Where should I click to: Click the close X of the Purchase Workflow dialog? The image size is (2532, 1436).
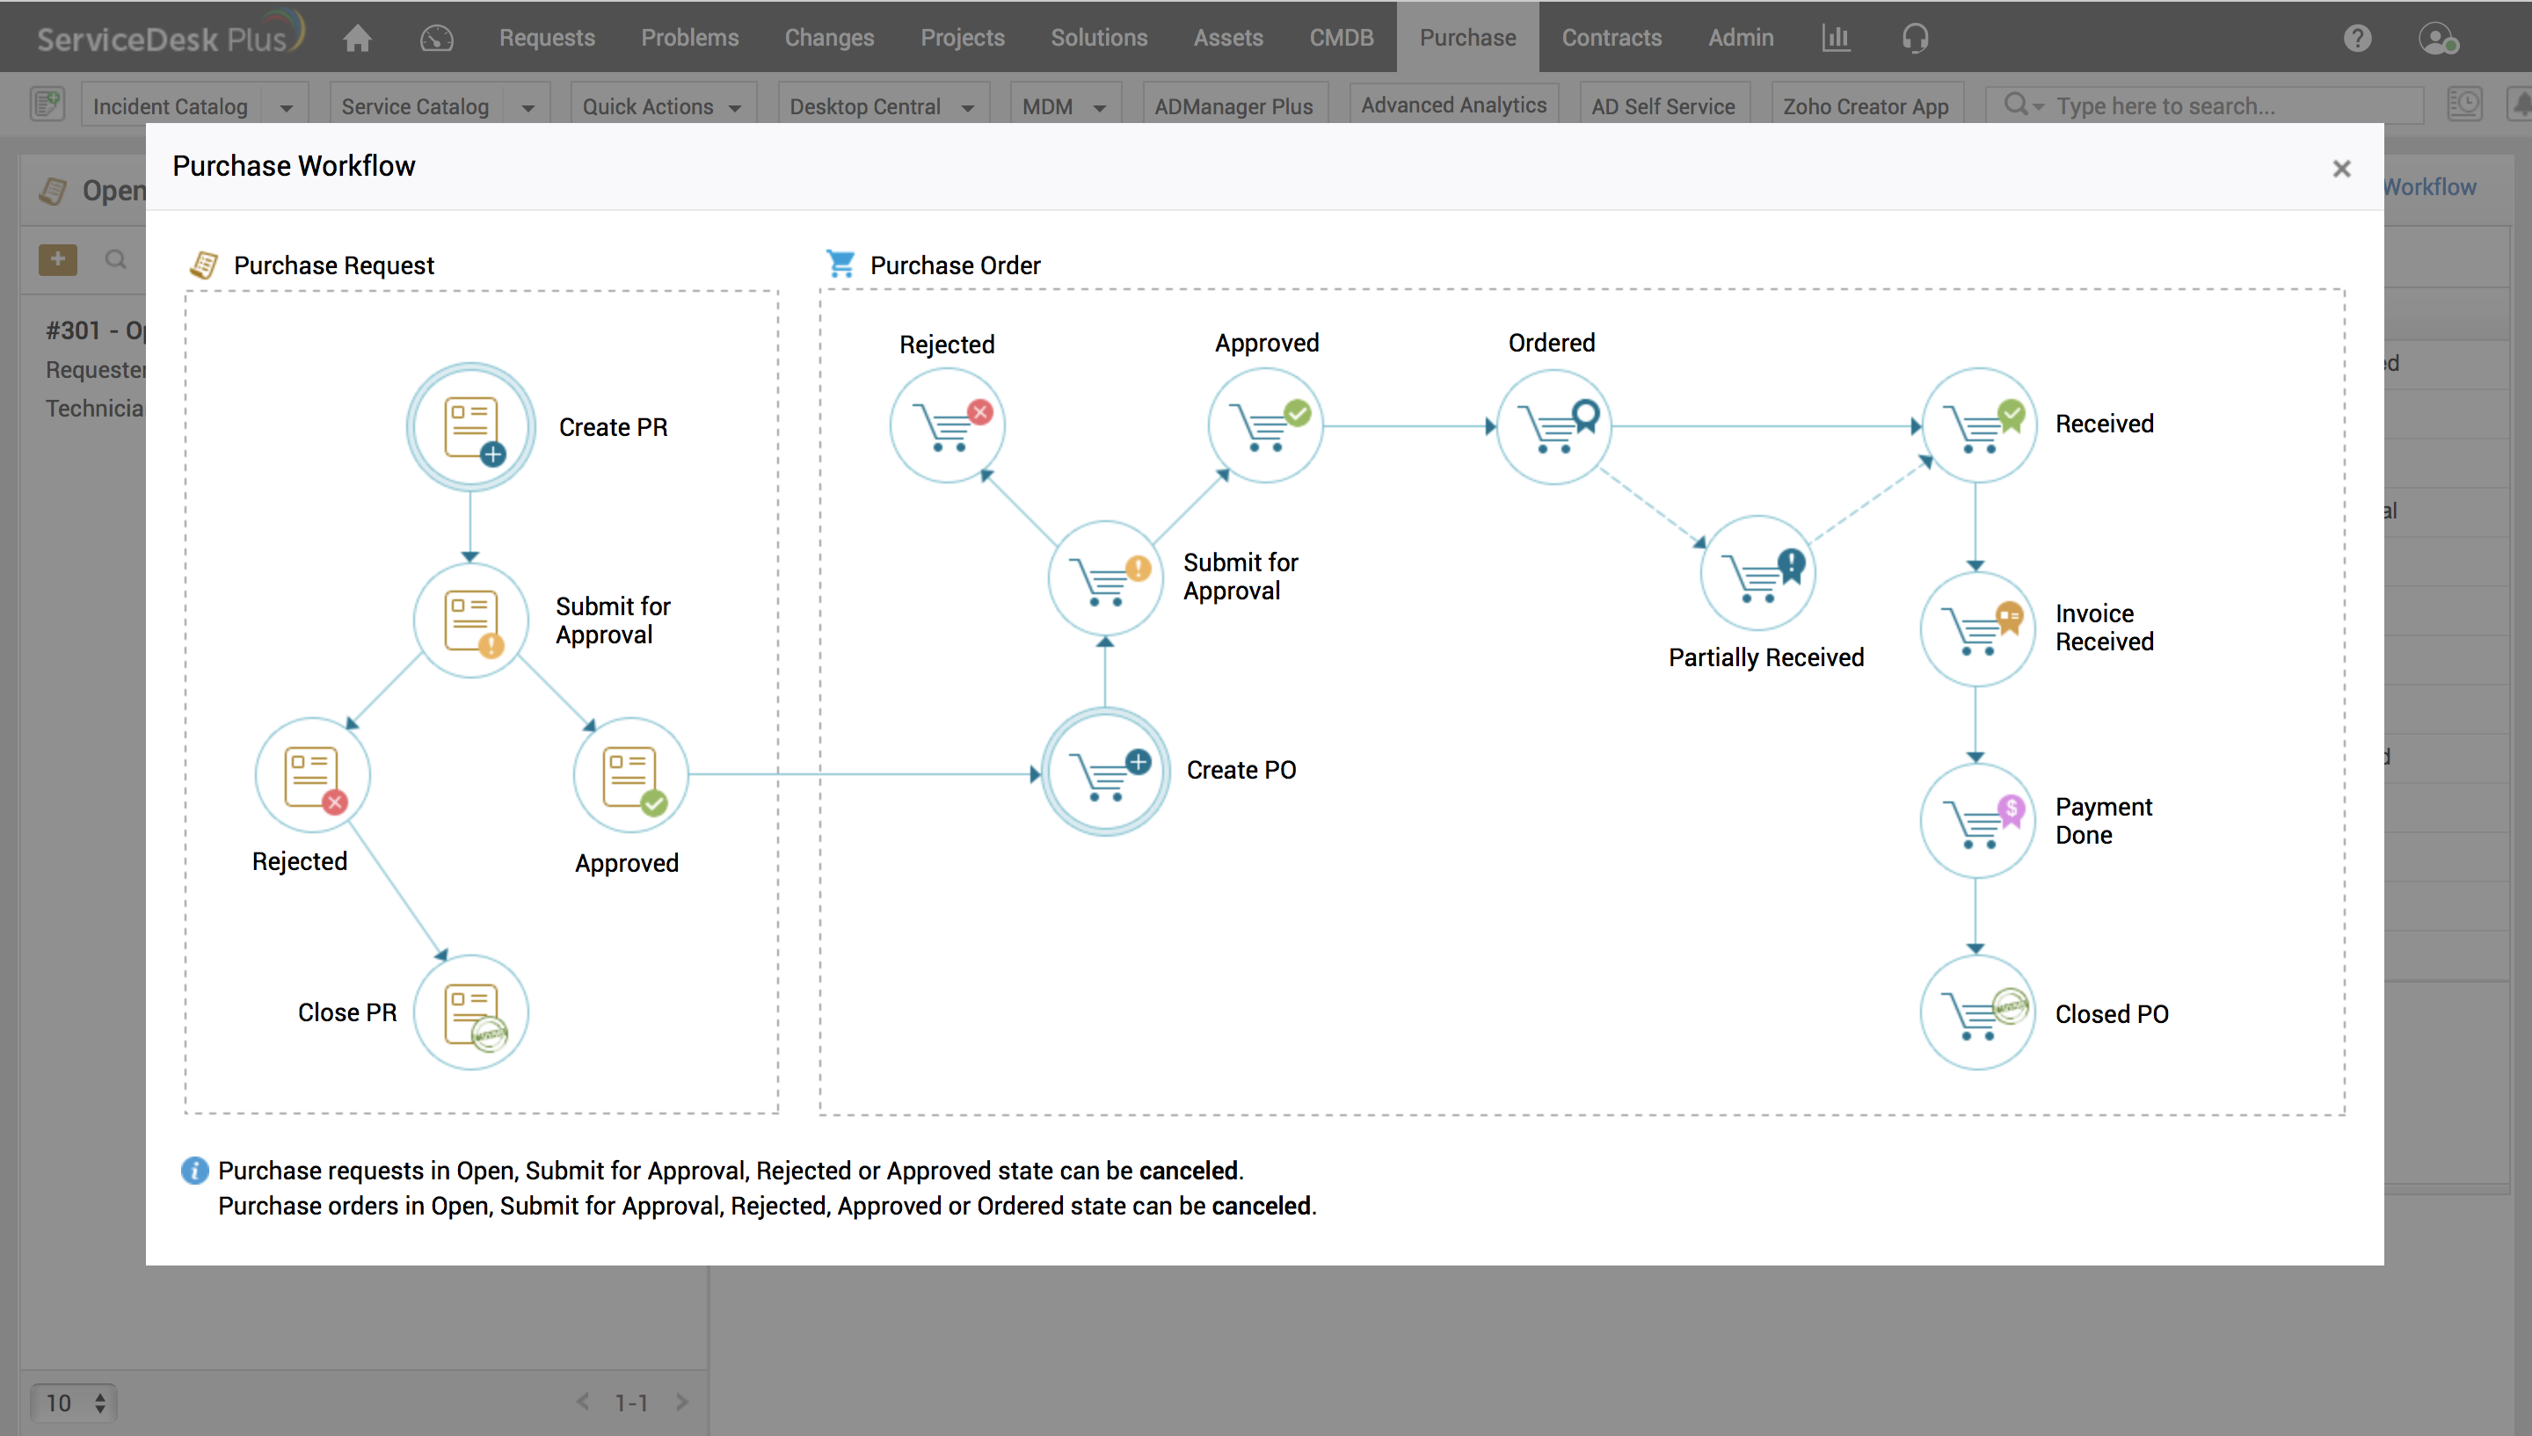point(2340,169)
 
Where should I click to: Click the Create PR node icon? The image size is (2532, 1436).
point(470,427)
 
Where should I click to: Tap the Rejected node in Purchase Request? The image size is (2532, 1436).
point(313,775)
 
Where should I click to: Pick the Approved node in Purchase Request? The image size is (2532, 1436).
point(630,775)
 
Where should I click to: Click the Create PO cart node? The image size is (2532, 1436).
point(1106,772)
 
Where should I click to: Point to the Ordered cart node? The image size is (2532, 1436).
point(1553,426)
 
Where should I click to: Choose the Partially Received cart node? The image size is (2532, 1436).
point(1757,573)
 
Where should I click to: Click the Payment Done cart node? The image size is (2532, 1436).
point(1976,821)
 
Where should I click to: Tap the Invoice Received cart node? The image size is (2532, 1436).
point(1976,628)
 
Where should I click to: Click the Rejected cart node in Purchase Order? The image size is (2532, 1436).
point(947,425)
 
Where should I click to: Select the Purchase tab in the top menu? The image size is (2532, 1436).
point(1466,38)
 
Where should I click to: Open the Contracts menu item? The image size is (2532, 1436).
point(1611,38)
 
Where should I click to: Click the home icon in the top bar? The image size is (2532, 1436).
point(357,38)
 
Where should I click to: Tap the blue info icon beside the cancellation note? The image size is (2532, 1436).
point(194,1170)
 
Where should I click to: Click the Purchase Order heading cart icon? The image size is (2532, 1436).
point(840,264)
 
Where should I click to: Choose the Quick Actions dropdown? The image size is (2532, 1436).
point(661,106)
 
